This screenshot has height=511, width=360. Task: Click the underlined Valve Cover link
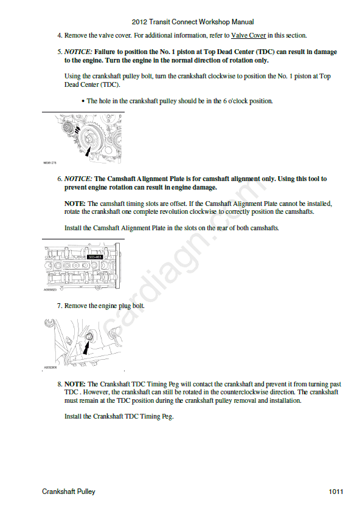pyautogui.click(x=249, y=35)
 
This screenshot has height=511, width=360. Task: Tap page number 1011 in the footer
pyautogui.click(x=336, y=492)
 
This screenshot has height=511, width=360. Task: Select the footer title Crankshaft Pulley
pyautogui.click(x=69, y=492)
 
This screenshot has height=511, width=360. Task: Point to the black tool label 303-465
pyautogui.click(x=95, y=257)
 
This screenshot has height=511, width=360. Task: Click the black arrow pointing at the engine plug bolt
pyautogui.click(x=86, y=346)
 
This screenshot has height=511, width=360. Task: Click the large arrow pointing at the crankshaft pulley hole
pyautogui.click(x=88, y=151)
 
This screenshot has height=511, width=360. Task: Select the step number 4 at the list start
pyautogui.click(x=60, y=35)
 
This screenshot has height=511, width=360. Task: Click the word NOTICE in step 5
pyautogui.click(x=78, y=52)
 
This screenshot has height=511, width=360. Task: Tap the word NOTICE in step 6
pyautogui.click(x=78, y=179)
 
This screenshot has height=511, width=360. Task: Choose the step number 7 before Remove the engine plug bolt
pyautogui.click(x=60, y=306)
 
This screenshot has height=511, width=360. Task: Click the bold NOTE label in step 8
pyautogui.click(x=75, y=384)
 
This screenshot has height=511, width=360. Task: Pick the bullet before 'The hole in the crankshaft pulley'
pyautogui.click(x=83, y=101)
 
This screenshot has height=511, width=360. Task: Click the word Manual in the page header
pyautogui.click(x=243, y=22)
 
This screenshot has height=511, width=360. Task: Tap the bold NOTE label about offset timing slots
pyautogui.click(x=75, y=204)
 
